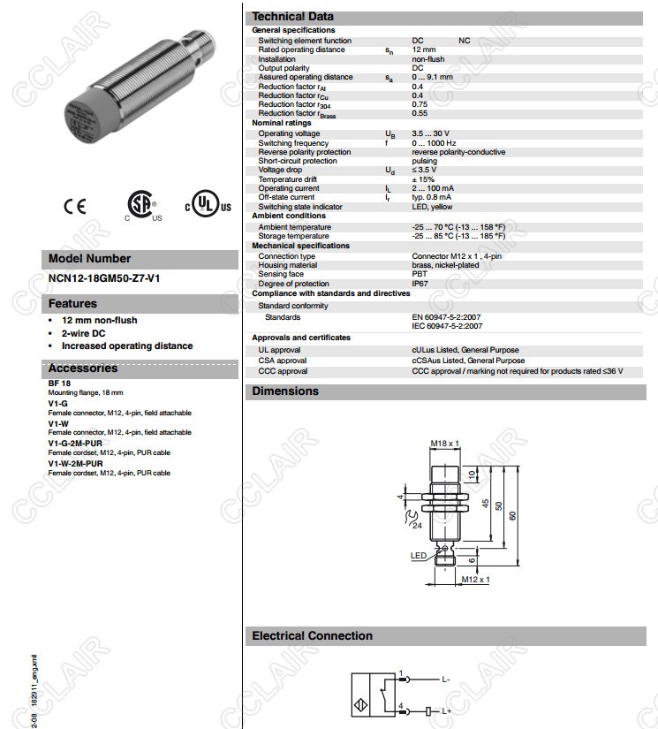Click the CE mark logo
(x=75, y=206)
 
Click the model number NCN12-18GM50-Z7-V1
(x=103, y=278)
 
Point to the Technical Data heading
(x=292, y=17)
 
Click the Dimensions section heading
(x=285, y=391)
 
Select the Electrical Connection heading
(x=312, y=636)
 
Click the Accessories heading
(x=82, y=368)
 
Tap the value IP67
(x=420, y=284)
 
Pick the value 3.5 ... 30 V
(x=430, y=133)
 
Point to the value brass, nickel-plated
(x=445, y=265)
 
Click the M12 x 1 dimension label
(x=475, y=580)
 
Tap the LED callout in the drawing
(x=418, y=556)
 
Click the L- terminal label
(x=446, y=679)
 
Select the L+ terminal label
(x=447, y=710)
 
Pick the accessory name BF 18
(x=59, y=383)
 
